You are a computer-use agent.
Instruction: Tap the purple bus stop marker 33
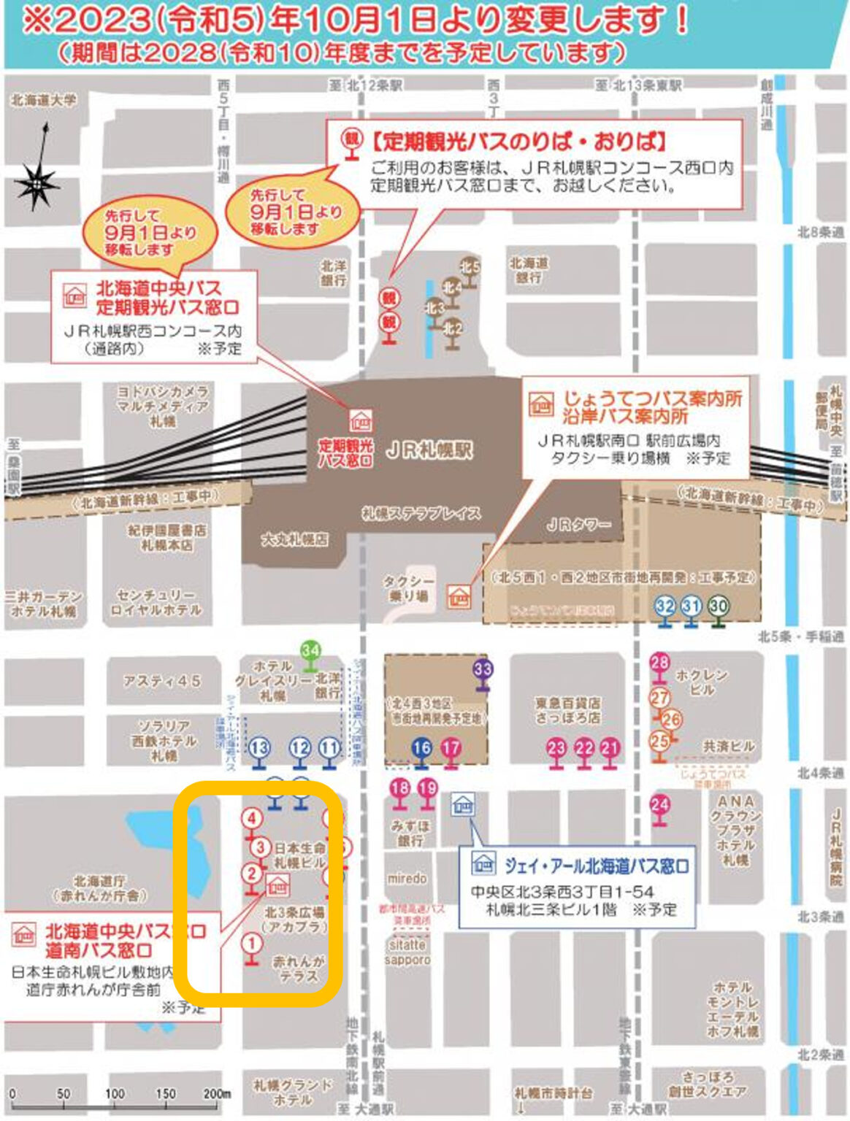coord(483,669)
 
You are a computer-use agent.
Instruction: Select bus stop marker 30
coord(719,606)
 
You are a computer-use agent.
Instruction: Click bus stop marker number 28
coord(659,663)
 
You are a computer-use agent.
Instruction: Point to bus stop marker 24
coord(659,805)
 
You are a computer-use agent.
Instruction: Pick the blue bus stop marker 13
coord(259,748)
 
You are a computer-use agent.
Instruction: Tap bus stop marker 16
coord(421,747)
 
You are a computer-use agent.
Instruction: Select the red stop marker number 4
coord(252,818)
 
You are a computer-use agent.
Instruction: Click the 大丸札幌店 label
coord(294,540)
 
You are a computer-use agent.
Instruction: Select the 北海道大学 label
coord(43,100)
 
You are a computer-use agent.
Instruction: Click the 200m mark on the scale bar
coord(216,1094)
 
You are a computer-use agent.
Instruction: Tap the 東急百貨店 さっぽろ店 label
coord(567,710)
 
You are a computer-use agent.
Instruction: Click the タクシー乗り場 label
coord(409,588)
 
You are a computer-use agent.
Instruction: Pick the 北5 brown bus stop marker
coord(470,268)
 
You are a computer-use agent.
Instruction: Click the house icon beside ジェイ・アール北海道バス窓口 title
coord(483,865)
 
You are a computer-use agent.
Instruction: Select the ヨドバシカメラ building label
coord(162,406)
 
